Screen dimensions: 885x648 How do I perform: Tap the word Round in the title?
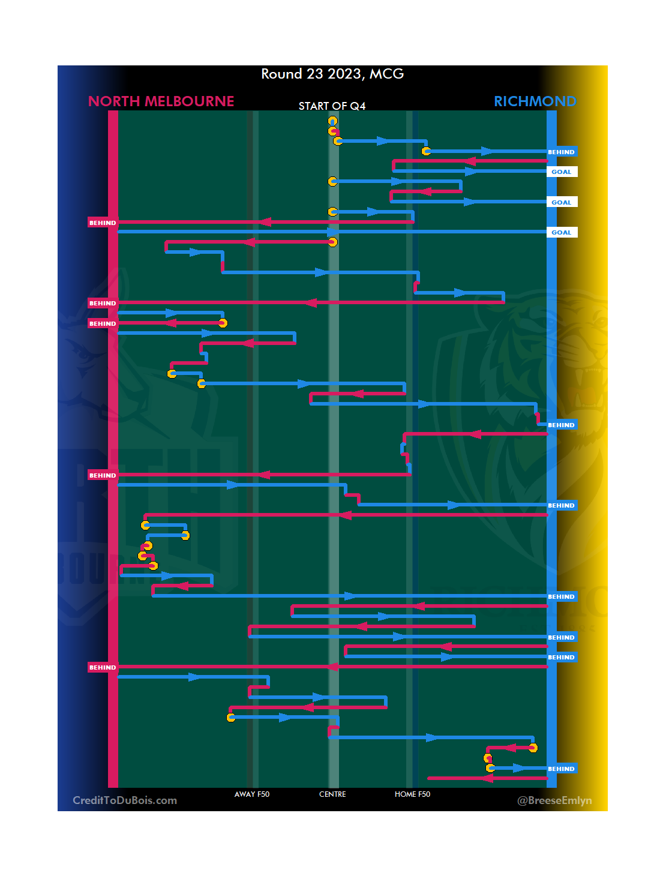281,74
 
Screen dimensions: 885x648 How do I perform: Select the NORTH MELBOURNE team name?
161,101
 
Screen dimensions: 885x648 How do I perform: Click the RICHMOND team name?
535,101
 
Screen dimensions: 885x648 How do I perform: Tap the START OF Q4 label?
332,106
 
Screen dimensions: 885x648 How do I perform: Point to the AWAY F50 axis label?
252,794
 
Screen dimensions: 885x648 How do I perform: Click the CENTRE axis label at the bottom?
332,794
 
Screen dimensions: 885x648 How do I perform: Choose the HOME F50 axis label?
412,794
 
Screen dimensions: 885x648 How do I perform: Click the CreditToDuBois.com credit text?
125,800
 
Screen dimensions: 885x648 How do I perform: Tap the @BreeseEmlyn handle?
554,800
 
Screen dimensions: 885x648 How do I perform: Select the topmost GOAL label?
562,172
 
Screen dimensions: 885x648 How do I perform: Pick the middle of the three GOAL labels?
562,202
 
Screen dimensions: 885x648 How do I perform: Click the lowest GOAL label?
562,232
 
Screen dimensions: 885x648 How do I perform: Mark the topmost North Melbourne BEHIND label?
103,223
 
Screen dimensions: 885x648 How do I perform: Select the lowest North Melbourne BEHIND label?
103,667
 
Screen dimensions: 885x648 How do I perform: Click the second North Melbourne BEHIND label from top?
103,303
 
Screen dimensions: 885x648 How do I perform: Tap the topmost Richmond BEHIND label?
561,152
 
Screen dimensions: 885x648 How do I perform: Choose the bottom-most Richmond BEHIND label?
561,769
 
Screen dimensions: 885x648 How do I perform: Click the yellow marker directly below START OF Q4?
332,121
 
